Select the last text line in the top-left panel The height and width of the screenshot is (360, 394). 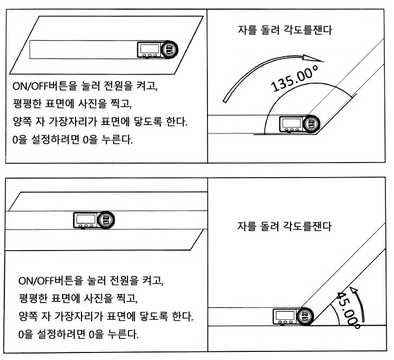pos(71,141)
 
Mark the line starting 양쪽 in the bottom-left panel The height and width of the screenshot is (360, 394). pos(106,317)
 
